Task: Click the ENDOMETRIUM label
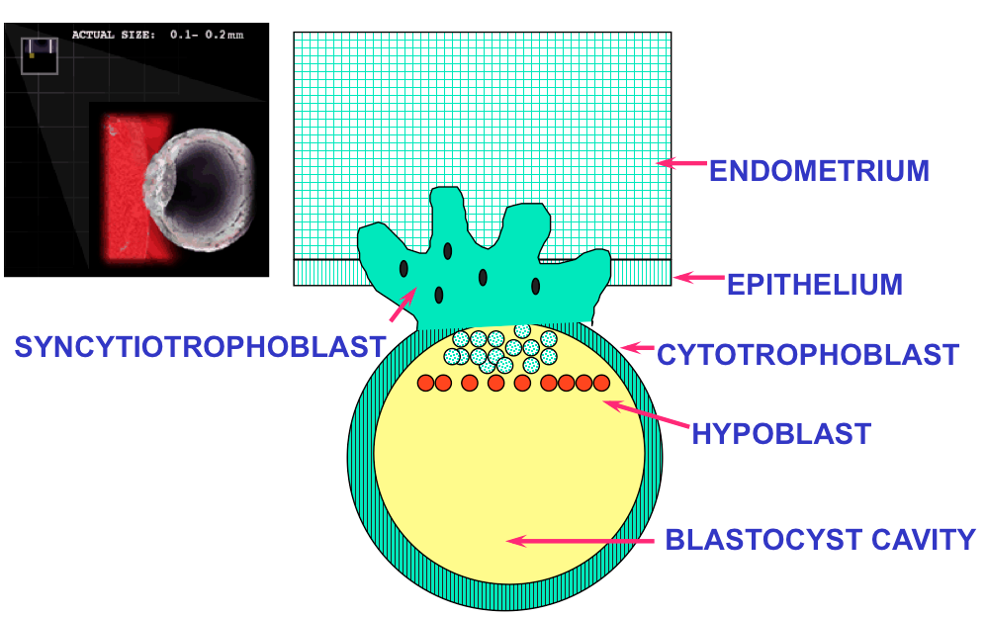coord(819,171)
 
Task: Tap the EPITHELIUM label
coord(814,285)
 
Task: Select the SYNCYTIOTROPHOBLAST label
coord(199,347)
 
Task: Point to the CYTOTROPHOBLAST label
coord(808,353)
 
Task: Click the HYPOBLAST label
coord(781,433)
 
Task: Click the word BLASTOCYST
coord(752,540)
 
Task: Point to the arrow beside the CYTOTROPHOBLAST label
coord(639,348)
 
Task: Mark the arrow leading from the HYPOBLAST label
coord(645,414)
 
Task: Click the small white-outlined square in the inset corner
coord(40,55)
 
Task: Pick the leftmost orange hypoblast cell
coord(426,383)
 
